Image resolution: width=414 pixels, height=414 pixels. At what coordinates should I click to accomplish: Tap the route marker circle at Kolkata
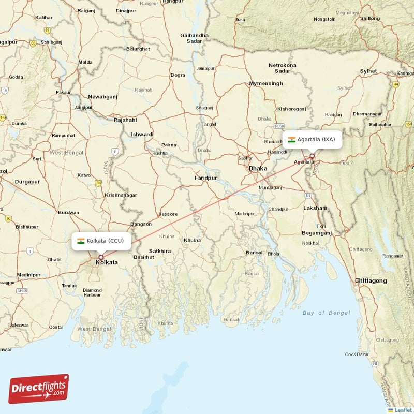pos(101,257)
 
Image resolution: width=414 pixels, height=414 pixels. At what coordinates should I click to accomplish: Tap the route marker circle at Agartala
pos(312,156)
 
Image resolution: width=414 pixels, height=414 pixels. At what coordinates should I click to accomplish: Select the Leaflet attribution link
pos(403,410)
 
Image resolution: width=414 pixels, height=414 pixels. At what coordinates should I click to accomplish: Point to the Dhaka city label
pos(258,168)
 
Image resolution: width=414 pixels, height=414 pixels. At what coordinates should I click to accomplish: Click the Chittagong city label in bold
pos(371,280)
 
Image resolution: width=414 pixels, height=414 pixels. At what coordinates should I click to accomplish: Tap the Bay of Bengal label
pos(326,313)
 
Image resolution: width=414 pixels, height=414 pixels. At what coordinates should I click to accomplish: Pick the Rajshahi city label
pos(125,120)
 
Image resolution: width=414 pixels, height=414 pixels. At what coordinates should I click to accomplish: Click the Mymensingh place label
pos(267,83)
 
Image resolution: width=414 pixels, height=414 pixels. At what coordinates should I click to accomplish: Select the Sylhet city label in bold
pos(369,71)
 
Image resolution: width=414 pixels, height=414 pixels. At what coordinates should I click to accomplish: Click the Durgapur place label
pos(27,182)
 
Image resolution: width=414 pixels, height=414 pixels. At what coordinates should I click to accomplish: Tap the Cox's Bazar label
pos(357,354)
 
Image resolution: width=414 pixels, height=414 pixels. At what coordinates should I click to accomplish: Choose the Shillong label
pos(370,18)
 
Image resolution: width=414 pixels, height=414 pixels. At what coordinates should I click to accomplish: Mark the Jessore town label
pos(168,214)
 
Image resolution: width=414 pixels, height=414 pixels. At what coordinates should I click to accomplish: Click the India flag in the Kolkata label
pos(81,241)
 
